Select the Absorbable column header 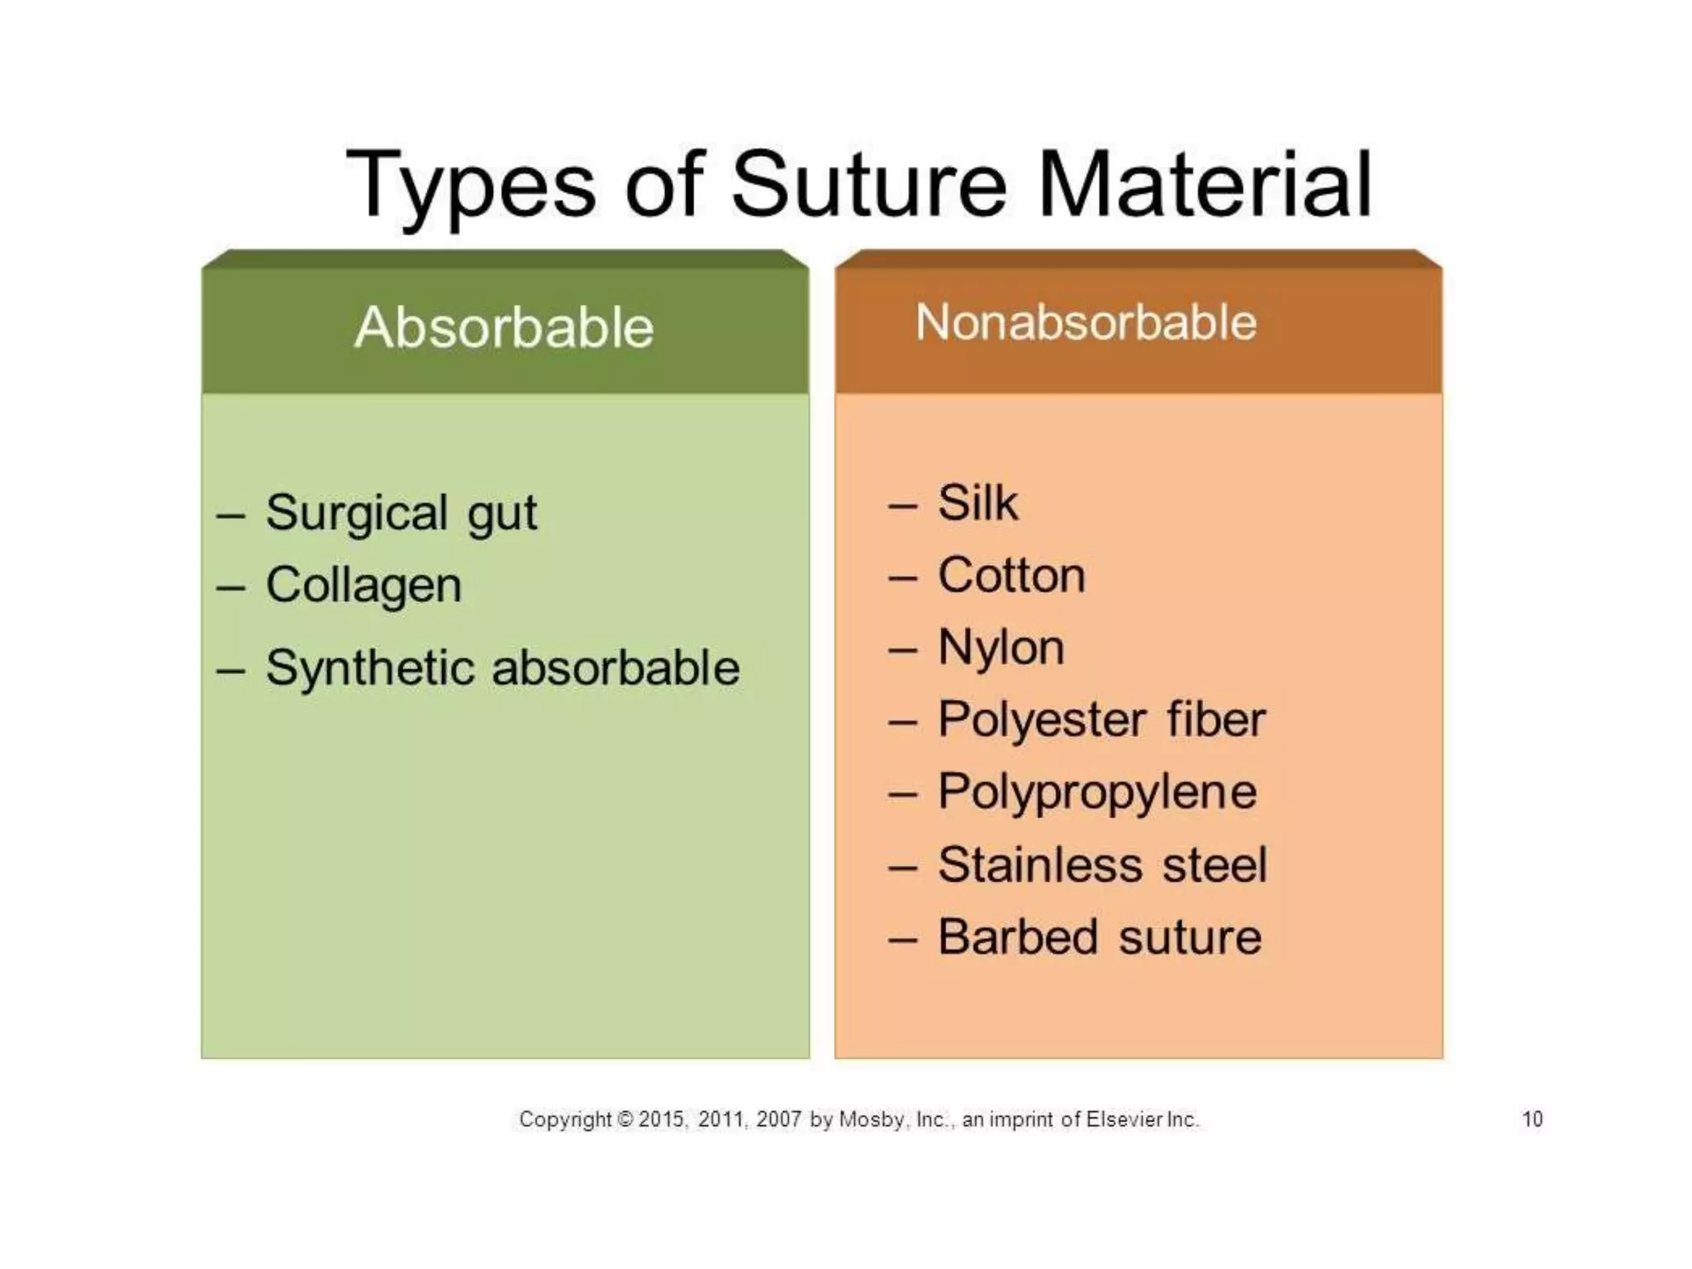coord(504,327)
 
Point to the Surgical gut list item coord(402,513)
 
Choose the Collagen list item coord(364,586)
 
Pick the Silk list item coord(977,502)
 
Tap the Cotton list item coord(1011,575)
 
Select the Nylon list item coord(1000,647)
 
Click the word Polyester coord(1042,720)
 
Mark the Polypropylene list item coord(1097,792)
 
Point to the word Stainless coord(1040,865)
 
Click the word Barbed coord(1018,937)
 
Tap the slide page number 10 coord(1532,1119)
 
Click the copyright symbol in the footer coord(625,1119)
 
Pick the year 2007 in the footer coord(778,1119)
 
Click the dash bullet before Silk coord(902,504)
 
